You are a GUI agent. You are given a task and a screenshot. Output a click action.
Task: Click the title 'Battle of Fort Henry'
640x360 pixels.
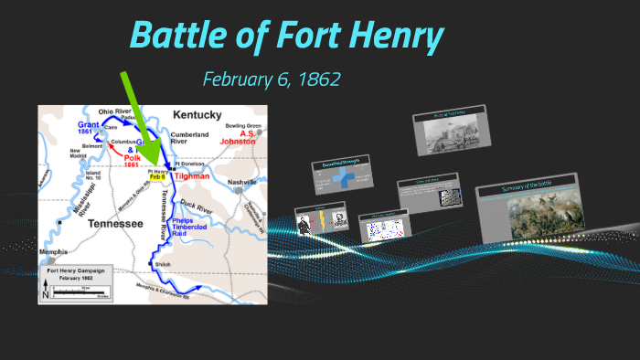[287, 37]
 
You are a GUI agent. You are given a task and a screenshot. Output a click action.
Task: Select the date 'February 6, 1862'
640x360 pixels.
[272, 79]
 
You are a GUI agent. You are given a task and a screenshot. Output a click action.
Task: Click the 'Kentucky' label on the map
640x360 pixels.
[196, 115]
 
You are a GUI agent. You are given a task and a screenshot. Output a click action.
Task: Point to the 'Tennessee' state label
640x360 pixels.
[109, 223]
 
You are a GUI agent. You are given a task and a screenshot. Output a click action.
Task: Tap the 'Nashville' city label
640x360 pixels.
[241, 182]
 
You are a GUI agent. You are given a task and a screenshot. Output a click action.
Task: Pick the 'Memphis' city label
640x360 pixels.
[52, 249]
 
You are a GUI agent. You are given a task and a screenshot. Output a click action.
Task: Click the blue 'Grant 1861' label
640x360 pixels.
[89, 127]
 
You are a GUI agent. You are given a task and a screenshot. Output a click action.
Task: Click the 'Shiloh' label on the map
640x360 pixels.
[165, 265]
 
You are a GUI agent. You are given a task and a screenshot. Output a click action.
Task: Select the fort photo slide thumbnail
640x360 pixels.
[450, 134]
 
